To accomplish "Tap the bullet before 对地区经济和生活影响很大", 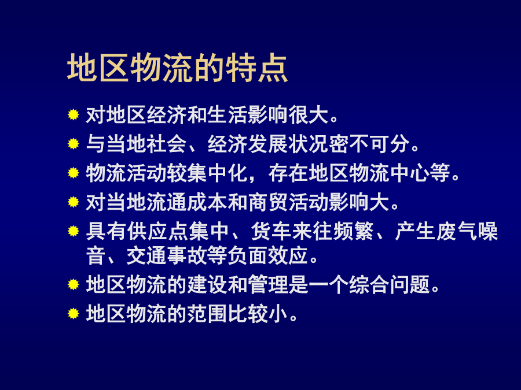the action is coord(73,115).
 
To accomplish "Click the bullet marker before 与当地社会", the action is coord(73,144).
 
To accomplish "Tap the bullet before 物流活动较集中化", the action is coord(73,173).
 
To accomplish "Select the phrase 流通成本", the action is coord(187,202).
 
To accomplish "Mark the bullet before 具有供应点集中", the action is coord(73,231).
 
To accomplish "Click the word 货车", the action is coord(271,232).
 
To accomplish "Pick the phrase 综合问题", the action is coord(390,284).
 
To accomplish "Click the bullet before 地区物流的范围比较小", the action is coord(73,313).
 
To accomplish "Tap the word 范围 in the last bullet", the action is coord(207,314).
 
